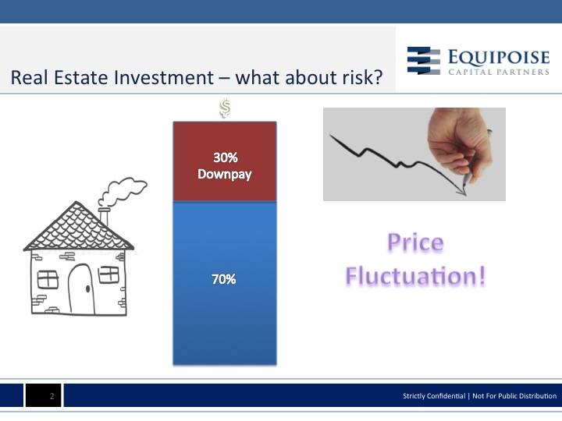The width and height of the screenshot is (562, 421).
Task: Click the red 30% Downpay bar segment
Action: click(x=225, y=162)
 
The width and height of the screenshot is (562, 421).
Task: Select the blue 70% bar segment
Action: click(x=225, y=284)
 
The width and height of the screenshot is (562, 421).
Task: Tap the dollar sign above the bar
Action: click(x=225, y=108)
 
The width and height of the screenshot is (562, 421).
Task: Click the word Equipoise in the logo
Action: click(x=499, y=57)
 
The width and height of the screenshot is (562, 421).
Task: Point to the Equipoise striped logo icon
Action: click(x=424, y=61)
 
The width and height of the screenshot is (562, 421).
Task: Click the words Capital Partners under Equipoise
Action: click(x=499, y=72)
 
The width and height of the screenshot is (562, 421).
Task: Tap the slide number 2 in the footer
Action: click(x=52, y=396)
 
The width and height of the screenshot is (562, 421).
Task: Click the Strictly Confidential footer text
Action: click(x=434, y=396)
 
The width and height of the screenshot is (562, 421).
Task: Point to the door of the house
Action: click(x=81, y=289)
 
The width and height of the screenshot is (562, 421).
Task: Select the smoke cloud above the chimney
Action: click(x=123, y=191)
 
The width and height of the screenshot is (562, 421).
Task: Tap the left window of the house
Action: click(x=48, y=279)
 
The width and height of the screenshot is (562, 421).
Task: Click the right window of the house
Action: click(x=108, y=274)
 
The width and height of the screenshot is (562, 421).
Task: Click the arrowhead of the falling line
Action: click(x=461, y=193)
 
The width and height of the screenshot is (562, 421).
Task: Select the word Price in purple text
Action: click(x=416, y=242)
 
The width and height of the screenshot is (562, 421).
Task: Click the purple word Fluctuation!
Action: click(x=416, y=276)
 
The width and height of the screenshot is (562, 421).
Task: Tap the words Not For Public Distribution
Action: click(x=514, y=396)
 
